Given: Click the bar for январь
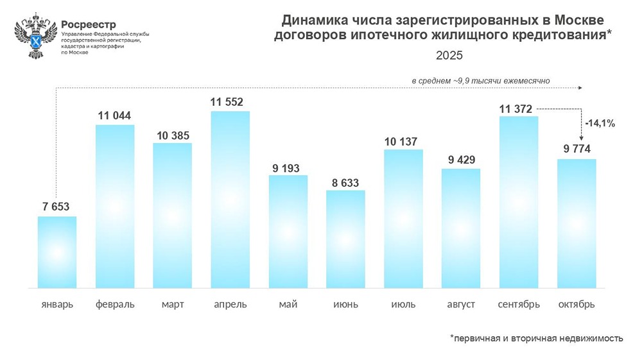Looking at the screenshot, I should tap(57, 252).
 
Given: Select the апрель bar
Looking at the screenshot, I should tap(230, 199).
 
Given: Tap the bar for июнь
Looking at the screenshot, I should tap(345, 239).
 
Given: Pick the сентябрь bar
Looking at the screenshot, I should tap(519, 201).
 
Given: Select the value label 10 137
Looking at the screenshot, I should tap(403, 141).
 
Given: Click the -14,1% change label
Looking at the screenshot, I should tap(600, 124).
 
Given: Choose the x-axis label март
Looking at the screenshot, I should tap(173, 304).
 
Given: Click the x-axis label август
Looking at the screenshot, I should tap(461, 304).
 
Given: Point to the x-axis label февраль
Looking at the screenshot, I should tap(115, 304).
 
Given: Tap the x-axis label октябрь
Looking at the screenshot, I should tap(577, 304).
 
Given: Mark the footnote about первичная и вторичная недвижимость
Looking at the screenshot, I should tap(536, 338).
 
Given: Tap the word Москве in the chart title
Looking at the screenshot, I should tap(577, 20).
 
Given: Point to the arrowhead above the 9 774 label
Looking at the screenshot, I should tap(581, 139).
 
